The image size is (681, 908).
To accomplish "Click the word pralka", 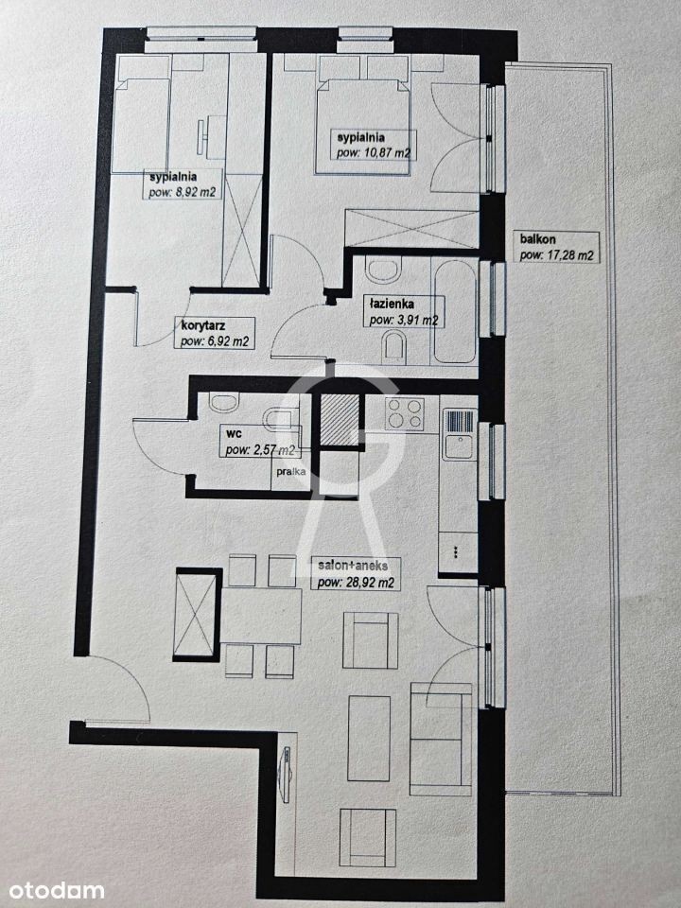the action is [x=291, y=471].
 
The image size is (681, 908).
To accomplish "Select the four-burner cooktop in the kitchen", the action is [x=404, y=413].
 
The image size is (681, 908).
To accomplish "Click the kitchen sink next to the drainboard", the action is [x=460, y=446].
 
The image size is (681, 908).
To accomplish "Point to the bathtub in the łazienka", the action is [x=455, y=311].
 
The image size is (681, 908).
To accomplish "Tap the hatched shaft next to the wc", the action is [x=340, y=419].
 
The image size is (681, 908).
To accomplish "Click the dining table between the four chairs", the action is [x=261, y=616].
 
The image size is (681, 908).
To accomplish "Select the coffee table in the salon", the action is [x=369, y=738].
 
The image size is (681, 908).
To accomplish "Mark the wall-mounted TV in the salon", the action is [x=286, y=775].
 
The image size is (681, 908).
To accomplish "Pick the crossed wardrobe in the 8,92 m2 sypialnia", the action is [x=242, y=230].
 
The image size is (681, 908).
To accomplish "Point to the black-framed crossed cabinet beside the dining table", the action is [x=198, y=615].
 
